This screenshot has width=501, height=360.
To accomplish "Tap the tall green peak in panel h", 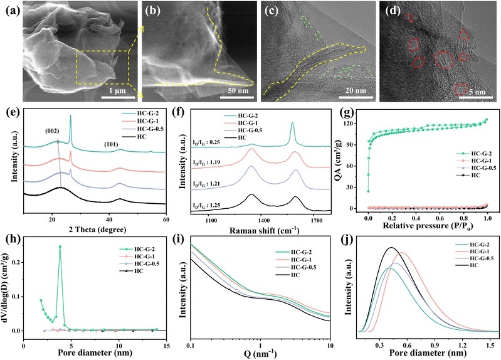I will pyautogui.click(x=60, y=246).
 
